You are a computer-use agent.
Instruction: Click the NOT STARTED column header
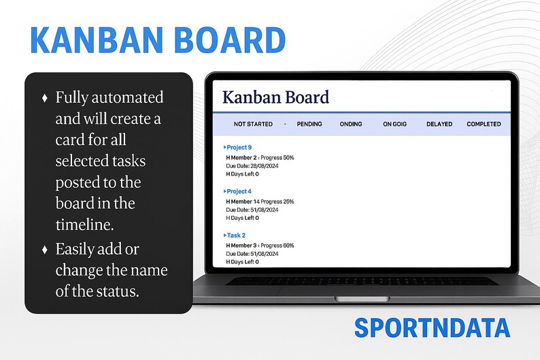point(253,125)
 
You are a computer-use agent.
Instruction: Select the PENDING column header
point(309,125)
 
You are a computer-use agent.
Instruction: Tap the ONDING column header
point(351,125)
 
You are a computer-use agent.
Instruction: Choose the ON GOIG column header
point(394,125)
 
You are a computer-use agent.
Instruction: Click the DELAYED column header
point(439,125)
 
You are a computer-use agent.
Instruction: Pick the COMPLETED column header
point(484,125)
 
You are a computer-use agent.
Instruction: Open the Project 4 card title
point(239,192)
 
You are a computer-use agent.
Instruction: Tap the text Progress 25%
point(280,201)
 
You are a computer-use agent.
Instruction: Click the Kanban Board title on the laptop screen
point(275,97)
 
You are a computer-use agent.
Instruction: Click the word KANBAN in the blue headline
point(90,42)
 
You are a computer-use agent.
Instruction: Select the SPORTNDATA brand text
point(432,328)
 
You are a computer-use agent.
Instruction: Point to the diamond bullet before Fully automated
point(45,97)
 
